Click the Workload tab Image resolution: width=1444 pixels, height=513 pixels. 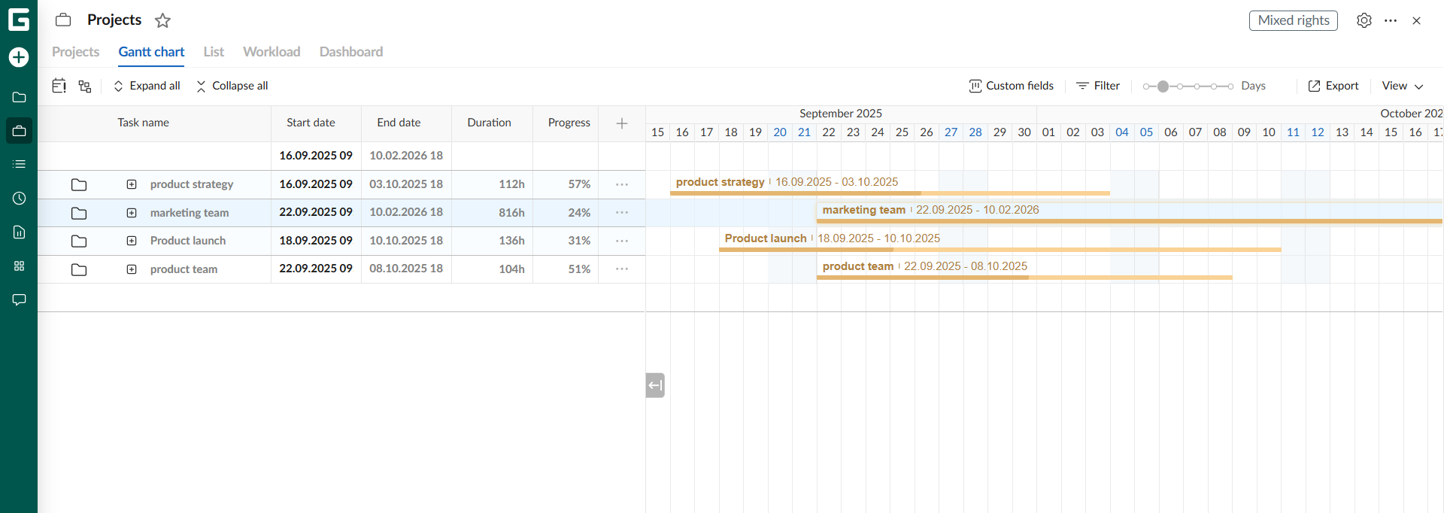pyautogui.click(x=272, y=52)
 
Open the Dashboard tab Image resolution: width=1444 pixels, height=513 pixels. pyautogui.click(x=351, y=52)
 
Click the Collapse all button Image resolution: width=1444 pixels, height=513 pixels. pyautogui.click(x=232, y=86)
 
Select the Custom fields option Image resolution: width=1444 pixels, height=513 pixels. pyautogui.click(x=1012, y=86)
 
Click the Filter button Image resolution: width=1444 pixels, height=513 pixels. pyautogui.click(x=1098, y=86)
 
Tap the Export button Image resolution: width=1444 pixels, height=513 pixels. pyautogui.click(x=1333, y=86)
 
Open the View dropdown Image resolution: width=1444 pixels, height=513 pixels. pyautogui.click(x=1403, y=86)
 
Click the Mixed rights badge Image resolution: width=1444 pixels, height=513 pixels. pyautogui.click(x=1293, y=20)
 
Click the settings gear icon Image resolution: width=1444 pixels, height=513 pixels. pyautogui.click(x=1364, y=20)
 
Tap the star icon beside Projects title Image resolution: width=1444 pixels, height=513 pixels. pyautogui.click(x=162, y=20)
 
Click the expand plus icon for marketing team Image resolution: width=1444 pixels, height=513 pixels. pyautogui.click(x=132, y=213)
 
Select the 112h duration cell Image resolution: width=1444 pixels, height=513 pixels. pyautogui.click(x=511, y=184)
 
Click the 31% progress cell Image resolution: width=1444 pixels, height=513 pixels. pyautogui.click(x=579, y=241)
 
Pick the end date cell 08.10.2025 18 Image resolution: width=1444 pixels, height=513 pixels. pyautogui.click(x=406, y=269)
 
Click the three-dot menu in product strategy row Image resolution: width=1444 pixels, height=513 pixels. pyautogui.click(x=622, y=184)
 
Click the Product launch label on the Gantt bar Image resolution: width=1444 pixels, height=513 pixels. pyautogui.click(x=766, y=238)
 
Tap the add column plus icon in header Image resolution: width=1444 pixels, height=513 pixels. pyautogui.click(x=622, y=123)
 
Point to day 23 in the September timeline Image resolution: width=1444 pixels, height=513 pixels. pyautogui.click(x=853, y=132)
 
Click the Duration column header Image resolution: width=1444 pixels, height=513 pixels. pyautogui.click(x=489, y=123)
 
